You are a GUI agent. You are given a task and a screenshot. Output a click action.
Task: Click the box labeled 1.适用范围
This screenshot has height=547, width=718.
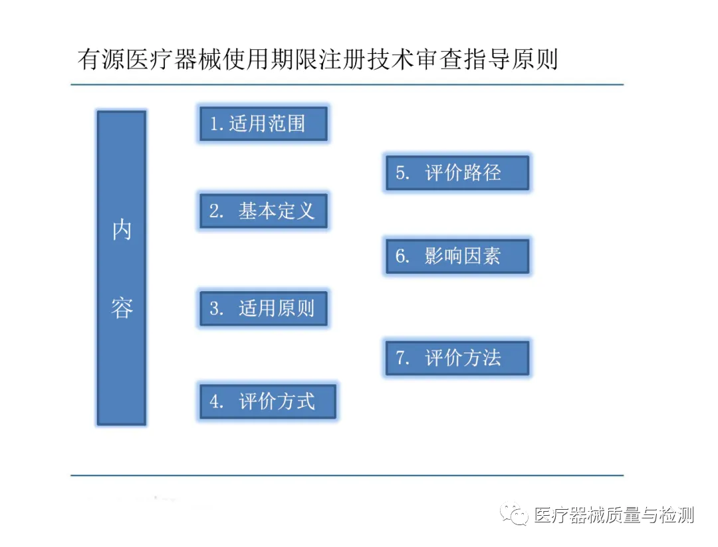(263, 124)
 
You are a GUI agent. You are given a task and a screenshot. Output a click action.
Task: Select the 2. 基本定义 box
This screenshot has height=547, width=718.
(263, 211)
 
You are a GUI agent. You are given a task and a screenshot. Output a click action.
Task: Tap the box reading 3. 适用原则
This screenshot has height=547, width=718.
(263, 308)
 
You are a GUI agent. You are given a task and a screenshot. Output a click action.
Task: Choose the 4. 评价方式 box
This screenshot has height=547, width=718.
(268, 401)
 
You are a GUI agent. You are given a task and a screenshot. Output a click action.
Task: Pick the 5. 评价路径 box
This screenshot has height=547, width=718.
(457, 173)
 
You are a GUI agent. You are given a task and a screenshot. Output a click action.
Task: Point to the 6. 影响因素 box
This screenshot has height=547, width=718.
(457, 257)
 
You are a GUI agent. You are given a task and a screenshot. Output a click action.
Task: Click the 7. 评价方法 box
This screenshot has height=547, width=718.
(457, 358)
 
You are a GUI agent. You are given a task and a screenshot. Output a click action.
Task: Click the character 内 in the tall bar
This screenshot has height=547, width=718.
(122, 231)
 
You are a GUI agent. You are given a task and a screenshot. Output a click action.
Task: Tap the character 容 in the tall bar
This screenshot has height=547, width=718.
(122, 308)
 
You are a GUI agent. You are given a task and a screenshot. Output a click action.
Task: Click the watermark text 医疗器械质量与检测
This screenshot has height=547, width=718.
(614, 515)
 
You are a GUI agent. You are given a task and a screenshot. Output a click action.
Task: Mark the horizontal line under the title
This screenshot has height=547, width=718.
(346, 85)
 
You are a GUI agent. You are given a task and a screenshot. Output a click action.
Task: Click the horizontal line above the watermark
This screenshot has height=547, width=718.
(346, 475)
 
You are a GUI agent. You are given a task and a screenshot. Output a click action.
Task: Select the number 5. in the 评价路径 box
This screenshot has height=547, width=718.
(403, 173)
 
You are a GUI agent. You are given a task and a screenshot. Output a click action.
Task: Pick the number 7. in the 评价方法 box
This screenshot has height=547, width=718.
(403, 358)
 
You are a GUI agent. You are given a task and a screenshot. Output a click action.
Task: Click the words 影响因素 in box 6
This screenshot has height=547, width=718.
(463, 257)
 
